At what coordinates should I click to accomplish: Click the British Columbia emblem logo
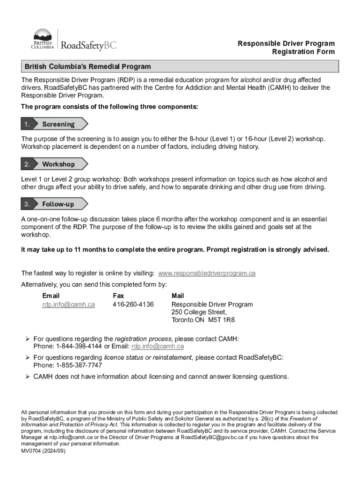pos(43,39)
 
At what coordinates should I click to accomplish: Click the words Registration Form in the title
pos(303,52)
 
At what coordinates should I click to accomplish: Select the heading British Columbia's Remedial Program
pos(88,66)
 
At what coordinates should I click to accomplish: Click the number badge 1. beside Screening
pos(27,124)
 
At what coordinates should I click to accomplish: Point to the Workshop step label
pos(58,164)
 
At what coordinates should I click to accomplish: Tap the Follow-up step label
pos(58,204)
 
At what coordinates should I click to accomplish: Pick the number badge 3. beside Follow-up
pos(27,204)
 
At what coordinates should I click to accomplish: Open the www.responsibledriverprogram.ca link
pos(207,273)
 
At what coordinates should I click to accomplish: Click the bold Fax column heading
pos(118,296)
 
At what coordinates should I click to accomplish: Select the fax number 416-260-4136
pos(133,305)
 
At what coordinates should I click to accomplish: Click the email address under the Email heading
pos(68,305)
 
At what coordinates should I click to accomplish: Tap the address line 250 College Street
pos(199,312)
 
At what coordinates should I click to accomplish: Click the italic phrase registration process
pos(143,339)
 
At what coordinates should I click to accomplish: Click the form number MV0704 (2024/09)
pos(43,450)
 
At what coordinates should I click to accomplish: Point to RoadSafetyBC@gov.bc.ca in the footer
pos(214,437)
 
